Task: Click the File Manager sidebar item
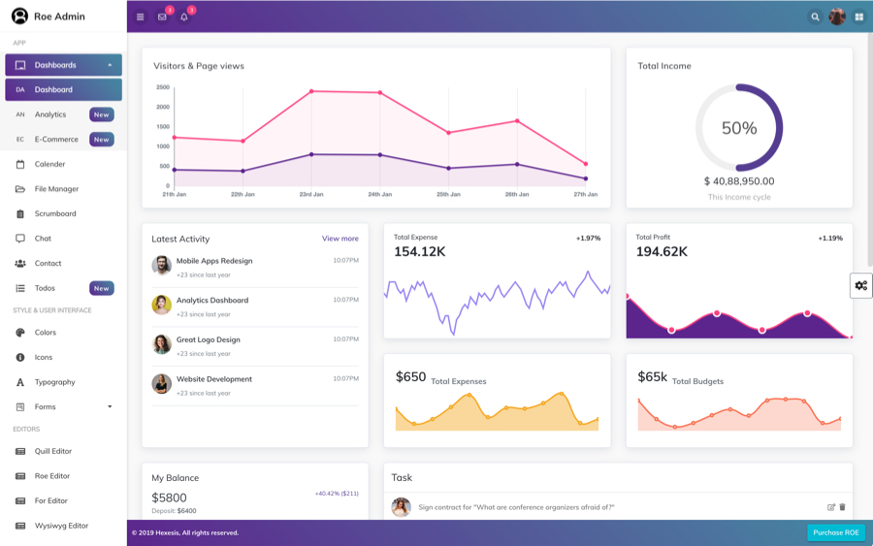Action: click(x=56, y=189)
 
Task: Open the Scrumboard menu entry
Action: click(x=55, y=213)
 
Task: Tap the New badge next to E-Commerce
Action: click(x=102, y=140)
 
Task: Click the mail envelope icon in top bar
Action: click(x=162, y=16)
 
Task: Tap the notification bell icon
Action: click(x=184, y=16)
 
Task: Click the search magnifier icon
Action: click(x=815, y=16)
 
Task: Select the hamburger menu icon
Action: click(x=141, y=16)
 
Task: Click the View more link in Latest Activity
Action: click(x=339, y=239)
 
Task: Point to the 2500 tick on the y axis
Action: click(x=163, y=87)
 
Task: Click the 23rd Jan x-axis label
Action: click(x=311, y=194)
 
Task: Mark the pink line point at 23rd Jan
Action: click(x=311, y=91)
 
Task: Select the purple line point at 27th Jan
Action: click(x=586, y=178)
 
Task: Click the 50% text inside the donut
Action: click(x=739, y=128)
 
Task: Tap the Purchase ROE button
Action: click(x=835, y=532)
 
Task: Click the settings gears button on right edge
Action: click(x=860, y=285)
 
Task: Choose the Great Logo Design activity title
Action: click(x=208, y=339)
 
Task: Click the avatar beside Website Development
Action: click(x=162, y=384)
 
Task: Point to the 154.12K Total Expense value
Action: click(x=420, y=252)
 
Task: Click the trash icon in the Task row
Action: click(x=842, y=507)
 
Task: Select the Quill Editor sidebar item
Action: click(x=53, y=451)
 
